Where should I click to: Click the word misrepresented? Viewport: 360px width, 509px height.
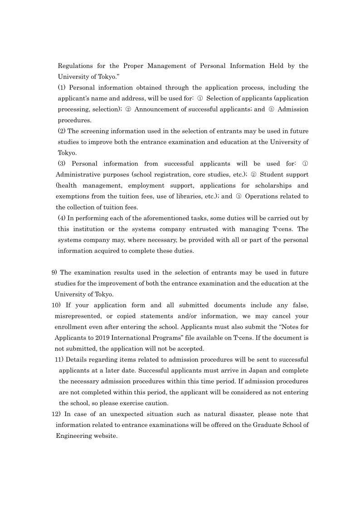pyautogui.click(x=78, y=316)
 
